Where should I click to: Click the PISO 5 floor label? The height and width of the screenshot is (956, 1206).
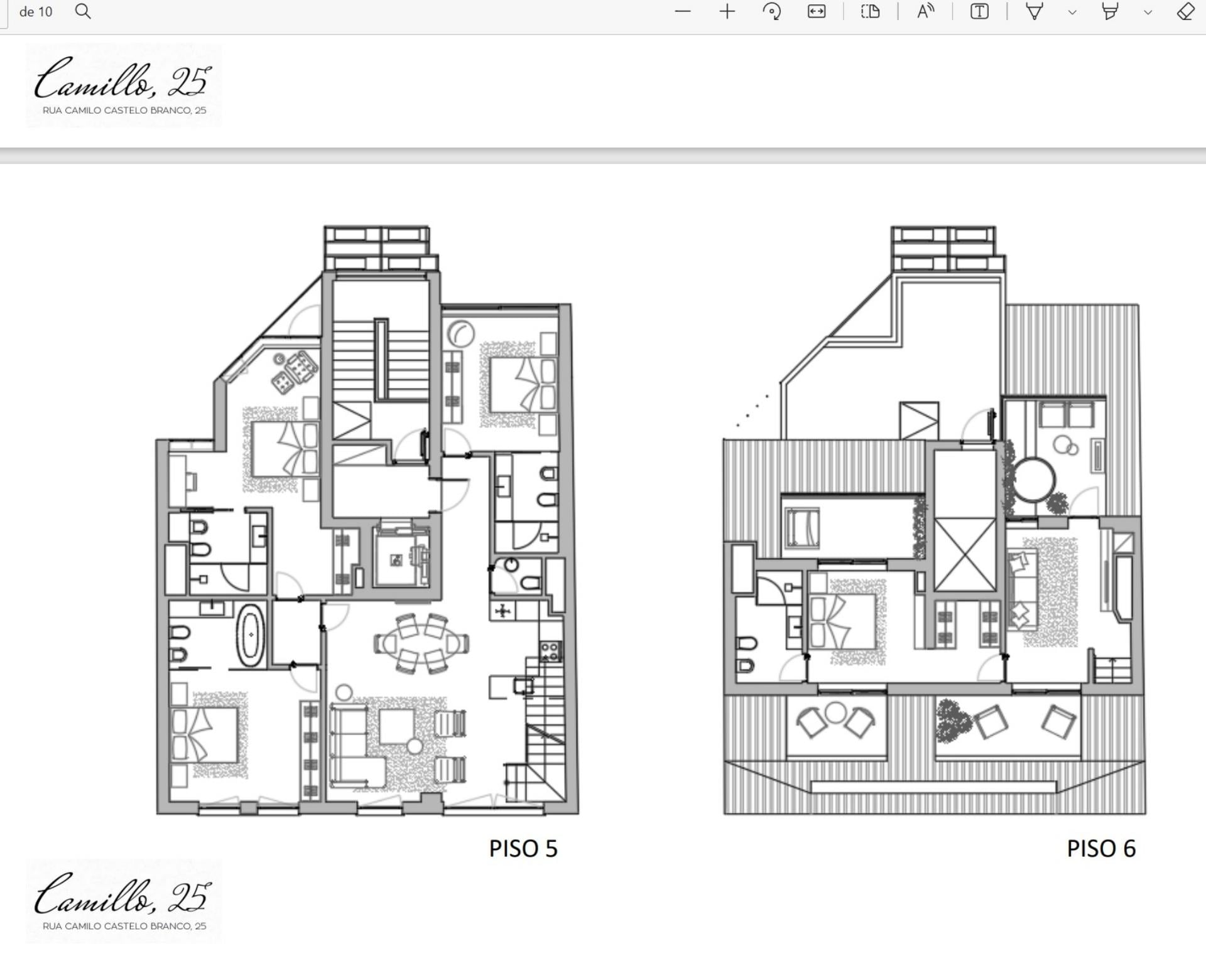pos(523,849)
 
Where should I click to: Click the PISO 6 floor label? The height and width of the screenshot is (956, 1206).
pos(1101,849)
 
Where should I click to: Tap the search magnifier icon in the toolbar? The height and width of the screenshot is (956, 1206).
pos(83,11)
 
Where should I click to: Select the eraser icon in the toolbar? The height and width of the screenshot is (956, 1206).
pos(1185,11)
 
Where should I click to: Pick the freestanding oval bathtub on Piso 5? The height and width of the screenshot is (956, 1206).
pos(251,635)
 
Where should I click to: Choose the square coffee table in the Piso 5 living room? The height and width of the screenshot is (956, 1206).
pos(396,726)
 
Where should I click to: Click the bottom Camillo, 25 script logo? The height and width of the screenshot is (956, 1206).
pos(123,894)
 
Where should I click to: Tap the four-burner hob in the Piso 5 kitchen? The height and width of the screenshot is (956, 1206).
pos(551,652)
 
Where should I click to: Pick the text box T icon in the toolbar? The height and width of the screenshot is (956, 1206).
pos(979,11)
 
